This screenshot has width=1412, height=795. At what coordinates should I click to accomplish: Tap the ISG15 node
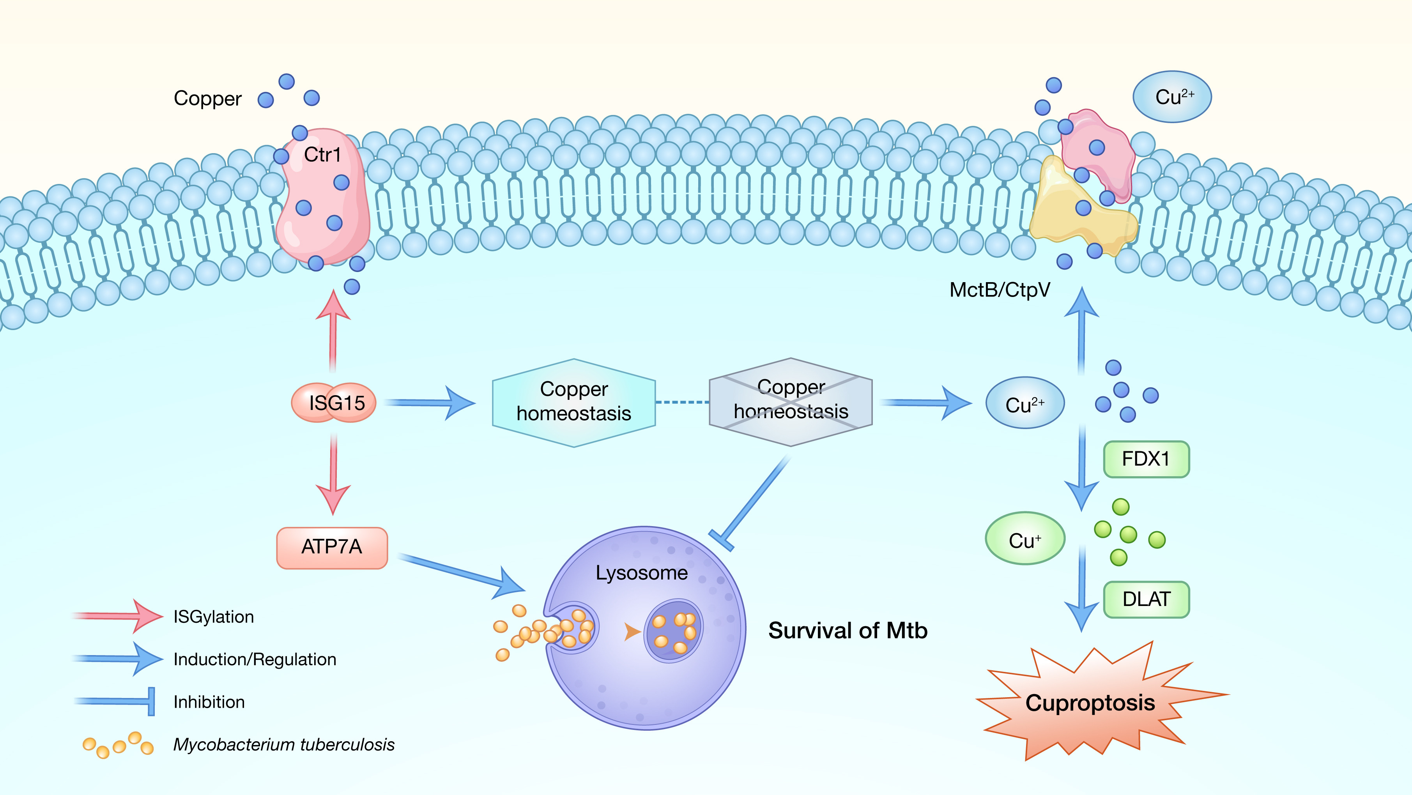pyautogui.click(x=334, y=403)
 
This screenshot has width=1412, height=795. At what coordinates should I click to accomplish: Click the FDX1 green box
pyautogui.click(x=1146, y=459)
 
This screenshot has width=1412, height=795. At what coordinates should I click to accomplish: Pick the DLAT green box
pyautogui.click(x=1146, y=599)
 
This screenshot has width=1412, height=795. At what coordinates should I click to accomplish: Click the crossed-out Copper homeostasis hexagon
pyautogui.click(x=791, y=402)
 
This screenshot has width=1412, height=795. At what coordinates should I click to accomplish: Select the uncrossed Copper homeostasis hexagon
pyautogui.click(x=574, y=403)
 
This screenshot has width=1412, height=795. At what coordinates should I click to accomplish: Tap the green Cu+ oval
pyautogui.click(x=1025, y=539)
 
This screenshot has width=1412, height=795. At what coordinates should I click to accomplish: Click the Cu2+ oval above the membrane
pyautogui.click(x=1172, y=97)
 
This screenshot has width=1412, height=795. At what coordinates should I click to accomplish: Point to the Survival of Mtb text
pyautogui.click(x=848, y=631)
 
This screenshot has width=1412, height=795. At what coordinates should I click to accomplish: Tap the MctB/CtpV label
pyautogui.click(x=1000, y=290)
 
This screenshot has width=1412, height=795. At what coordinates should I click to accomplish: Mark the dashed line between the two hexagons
pyautogui.click(x=683, y=403)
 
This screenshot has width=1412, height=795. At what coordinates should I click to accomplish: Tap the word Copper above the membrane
pyautogui.click(x=208, y=99)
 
